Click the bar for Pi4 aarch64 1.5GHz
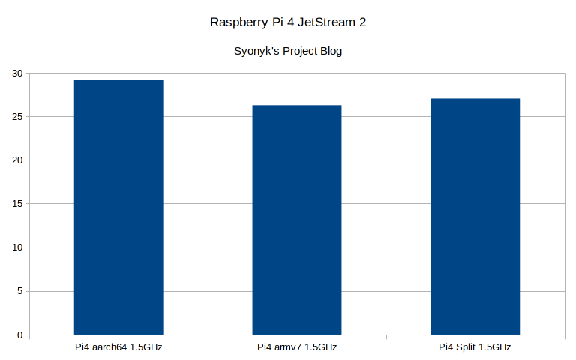click(118, 207)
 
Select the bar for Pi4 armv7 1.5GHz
click(297, 220)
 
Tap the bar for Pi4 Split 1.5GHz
click(475, 217)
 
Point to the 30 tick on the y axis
click(17, 73)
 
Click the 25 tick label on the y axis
click(17, 117)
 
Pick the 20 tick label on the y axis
click(17, 160)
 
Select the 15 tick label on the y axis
click(17, 204)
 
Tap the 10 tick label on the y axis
click(17, 247)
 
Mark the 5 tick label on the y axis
click(20, 291)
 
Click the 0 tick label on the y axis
click(20, 334)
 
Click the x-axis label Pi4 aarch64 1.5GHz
click(118, 347)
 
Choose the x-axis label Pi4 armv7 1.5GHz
click(297, 347)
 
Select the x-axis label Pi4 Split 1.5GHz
click(475, 347)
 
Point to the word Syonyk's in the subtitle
click(256, 52)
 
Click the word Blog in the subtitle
click(330, 52)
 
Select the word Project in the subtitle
click(297, 52)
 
